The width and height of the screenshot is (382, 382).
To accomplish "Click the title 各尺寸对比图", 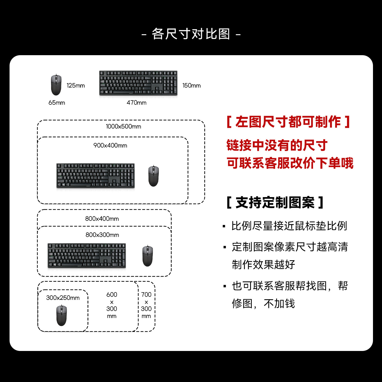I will [191, 34].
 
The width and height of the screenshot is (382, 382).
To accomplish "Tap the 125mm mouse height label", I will [76, 85].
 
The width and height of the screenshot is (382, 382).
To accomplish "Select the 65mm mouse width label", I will [57, 103].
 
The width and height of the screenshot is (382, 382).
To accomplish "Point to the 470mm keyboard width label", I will [136, 103].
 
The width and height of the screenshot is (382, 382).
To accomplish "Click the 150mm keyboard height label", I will [191, 85].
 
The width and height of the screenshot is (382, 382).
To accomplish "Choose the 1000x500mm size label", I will [123, 127].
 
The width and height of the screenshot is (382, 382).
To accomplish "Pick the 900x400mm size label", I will [110, 145].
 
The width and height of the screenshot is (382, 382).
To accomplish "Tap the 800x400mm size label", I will [102, 219].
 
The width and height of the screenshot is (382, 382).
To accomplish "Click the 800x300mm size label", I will [102, 235].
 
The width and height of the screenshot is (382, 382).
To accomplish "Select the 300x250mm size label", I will [63, 298].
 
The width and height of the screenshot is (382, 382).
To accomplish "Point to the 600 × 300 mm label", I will [112, 305].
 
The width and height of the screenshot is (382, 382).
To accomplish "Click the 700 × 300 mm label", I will [146, 305].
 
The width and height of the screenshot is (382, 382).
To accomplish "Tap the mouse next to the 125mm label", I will [56, 85].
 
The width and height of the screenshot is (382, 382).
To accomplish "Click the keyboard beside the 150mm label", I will [138, 83].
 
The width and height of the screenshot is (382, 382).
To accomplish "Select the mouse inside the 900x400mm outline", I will [153, 176].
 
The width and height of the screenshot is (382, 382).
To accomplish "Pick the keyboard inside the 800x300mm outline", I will [86, 255].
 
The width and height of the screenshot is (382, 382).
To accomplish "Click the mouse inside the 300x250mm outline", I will [62, 315].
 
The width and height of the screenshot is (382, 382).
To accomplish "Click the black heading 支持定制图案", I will [275, 202].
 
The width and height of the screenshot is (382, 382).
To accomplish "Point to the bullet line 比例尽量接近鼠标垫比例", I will [289, 226].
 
